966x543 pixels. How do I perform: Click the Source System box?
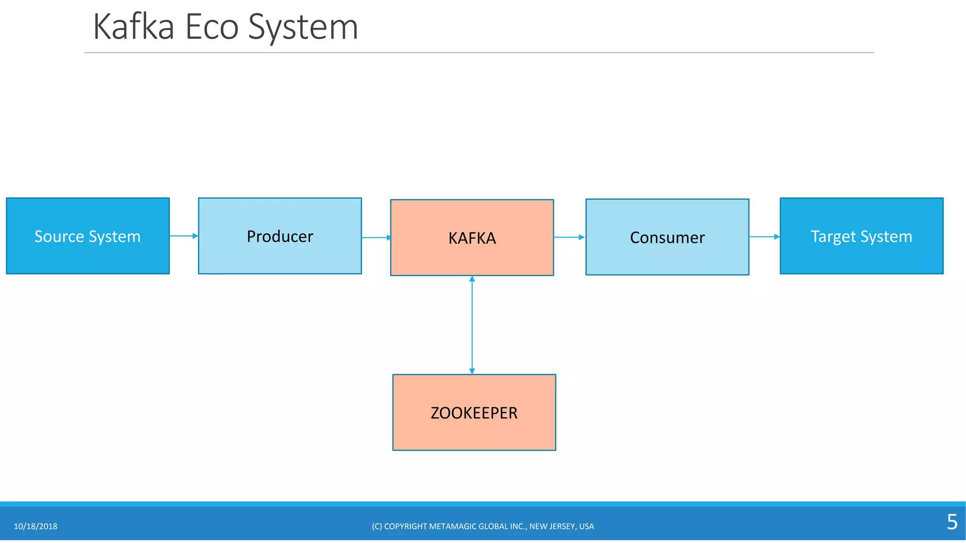[88, 236]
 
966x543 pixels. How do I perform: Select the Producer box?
[280, 236]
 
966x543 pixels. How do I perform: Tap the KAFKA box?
[472, 238]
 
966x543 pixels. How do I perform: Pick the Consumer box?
[667, 237]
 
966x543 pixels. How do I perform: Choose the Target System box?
[861, 236]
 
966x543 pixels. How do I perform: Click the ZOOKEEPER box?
[474, 412]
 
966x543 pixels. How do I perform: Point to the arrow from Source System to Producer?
[183, 236]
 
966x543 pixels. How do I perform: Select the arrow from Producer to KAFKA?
[376, 238]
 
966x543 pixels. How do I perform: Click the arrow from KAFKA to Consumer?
[569, 237]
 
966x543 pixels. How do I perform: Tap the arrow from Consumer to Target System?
[764, 237]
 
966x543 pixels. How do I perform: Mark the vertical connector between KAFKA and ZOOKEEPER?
[472, 325]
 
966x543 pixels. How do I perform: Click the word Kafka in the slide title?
[134, 27]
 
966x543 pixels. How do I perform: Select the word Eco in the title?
[212, 27]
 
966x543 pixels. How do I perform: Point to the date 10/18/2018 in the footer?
[35, 527]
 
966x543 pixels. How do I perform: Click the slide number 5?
[952, 522]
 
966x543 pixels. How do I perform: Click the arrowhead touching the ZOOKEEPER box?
[472, 371]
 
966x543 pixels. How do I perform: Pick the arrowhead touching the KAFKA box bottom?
[472, 279]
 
